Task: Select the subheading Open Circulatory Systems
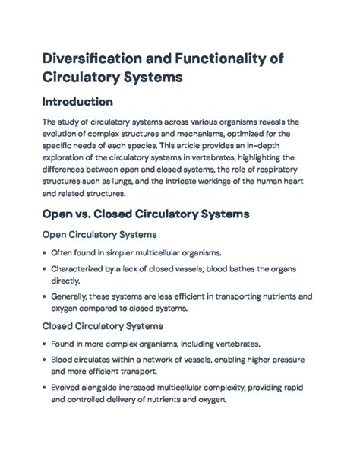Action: (x=99, y=235)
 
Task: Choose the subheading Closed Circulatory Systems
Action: (x=103, y=326)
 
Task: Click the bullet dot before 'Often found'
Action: (x=44, y=252)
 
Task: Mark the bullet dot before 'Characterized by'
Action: (x=44, y=269)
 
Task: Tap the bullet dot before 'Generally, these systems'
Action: (x=44, y=297)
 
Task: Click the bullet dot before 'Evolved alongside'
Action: (x=44, y=388)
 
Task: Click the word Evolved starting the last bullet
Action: (x=68, y=388)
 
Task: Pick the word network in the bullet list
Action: (x=156, y=360)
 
